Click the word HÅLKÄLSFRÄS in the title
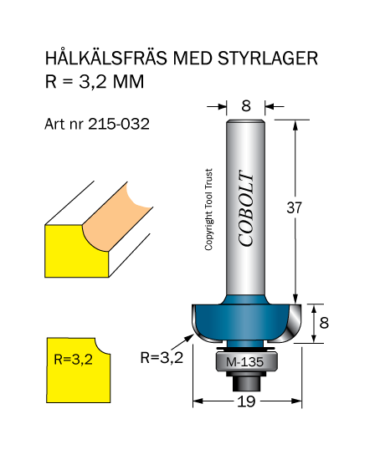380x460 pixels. [106, 57]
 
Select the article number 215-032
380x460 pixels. [119, 124]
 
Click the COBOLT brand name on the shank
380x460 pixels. [246, 208]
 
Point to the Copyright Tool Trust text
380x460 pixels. [208, 209]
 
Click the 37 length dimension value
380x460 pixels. [294, 207]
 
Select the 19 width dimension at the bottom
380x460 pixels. [246, 401]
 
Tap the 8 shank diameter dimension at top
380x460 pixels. [246, 106]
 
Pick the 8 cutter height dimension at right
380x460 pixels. [324, 323]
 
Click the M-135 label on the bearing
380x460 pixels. [244, 362]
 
